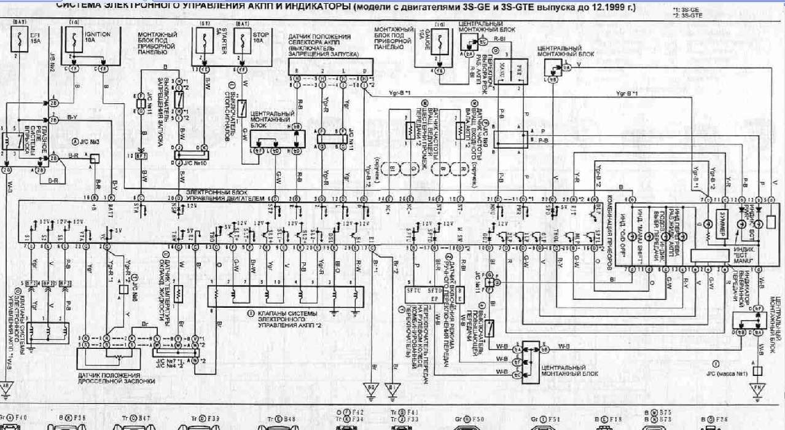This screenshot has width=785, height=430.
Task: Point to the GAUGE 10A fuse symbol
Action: [x=442, y=44]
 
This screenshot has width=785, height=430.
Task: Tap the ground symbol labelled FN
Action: [x=757, y=388]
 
